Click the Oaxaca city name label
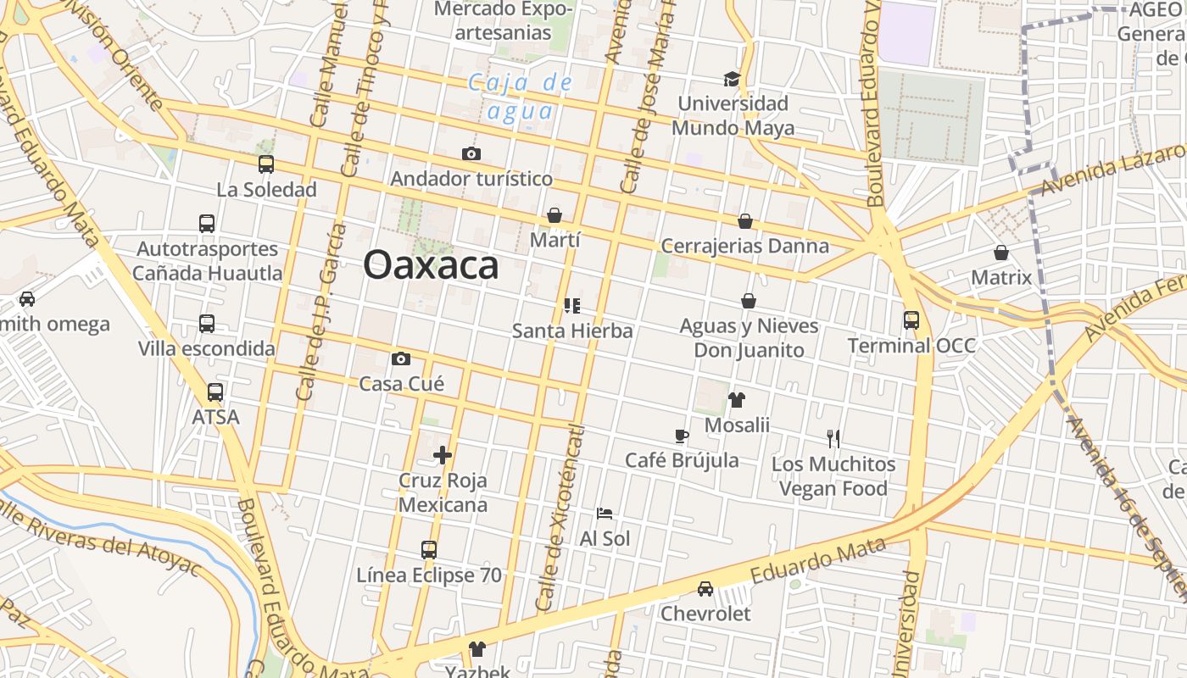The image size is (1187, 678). point(431,265)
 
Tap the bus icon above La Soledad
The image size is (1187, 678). point(266,164)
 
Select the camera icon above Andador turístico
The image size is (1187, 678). point(471,153)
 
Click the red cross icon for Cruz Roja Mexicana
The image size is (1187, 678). point(443,455)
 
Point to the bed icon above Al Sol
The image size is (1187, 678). point(605,514)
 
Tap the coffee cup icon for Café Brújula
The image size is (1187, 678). point(681,436)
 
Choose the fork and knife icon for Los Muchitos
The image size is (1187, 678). point(833,439)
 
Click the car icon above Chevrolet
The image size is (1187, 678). point(705,588)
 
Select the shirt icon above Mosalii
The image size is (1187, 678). point(737,400)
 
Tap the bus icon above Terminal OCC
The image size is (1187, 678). point(911,320)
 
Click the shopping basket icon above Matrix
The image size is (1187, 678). point(1001,253)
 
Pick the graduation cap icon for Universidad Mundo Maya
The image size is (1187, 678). point(732,79)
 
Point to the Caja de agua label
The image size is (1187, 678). point(521,97)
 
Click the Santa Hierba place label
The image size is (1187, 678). point(572,331)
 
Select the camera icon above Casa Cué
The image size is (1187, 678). point(401,358)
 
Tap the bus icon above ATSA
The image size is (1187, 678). point(215,392)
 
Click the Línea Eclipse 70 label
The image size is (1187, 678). point(429,575)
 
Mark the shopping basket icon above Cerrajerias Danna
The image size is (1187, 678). point(745,221)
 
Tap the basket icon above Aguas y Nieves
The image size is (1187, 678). point(749,301)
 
